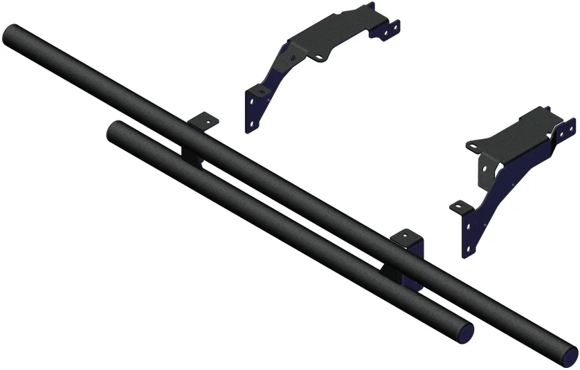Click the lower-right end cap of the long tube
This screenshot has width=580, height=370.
click(x=569, y=352)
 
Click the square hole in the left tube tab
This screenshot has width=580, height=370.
click(x=206, y=120)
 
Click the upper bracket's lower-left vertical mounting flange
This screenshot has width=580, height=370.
click(x=255, y=108)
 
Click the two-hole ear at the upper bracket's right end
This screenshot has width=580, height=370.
click(x=391, y=27)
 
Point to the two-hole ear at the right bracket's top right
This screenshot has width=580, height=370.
click(x=567, y=129)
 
